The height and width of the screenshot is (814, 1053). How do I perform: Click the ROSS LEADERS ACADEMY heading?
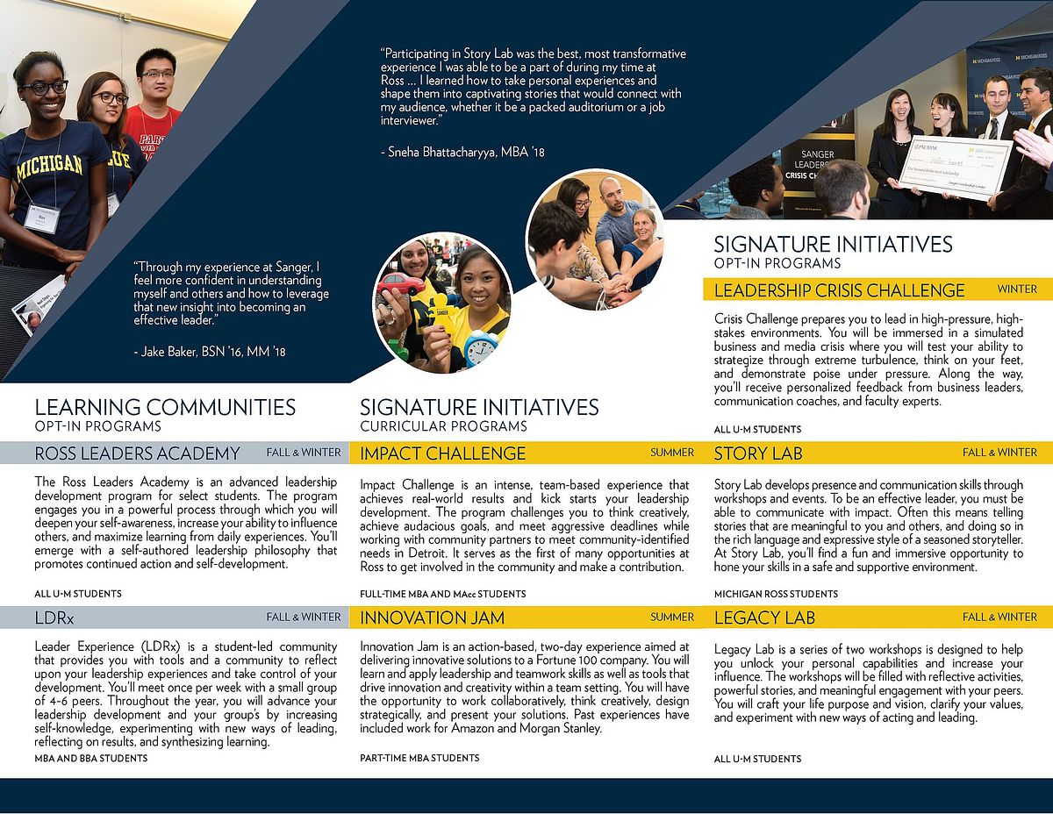coord(137,453)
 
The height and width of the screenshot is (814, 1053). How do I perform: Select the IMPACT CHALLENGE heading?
coord(442,453)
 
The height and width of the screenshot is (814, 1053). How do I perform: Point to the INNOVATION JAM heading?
coord(432,618)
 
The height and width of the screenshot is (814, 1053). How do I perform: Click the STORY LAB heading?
coord(758,453)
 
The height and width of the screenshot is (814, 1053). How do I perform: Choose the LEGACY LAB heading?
coord(764,618)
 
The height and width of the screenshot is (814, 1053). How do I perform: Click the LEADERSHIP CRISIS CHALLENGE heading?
coord(839,290)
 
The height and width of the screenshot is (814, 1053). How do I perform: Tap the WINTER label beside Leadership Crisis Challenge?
coord(1017,289)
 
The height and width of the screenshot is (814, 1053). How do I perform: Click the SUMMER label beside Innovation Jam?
coord(672,617)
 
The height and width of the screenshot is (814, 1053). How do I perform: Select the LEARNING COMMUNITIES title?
coord(165,407)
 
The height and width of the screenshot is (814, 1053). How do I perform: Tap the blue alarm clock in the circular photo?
coord(480,347)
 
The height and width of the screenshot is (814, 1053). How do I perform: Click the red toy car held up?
coord(403,284)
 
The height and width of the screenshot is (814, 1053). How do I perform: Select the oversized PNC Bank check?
coord(955,167)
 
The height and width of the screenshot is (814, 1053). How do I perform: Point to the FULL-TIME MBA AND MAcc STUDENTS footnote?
coord(442,594)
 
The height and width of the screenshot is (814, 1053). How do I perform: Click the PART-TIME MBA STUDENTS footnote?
coord(419,758)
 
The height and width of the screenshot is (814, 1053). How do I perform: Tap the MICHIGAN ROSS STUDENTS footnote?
coord(776,594)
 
